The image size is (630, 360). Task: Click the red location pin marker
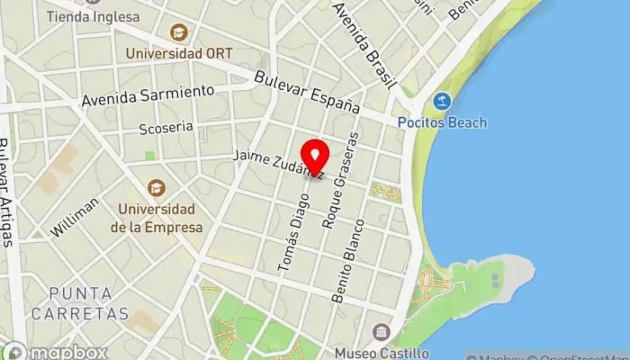(x=314, y=156)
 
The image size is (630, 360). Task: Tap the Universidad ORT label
(x=180, y=53)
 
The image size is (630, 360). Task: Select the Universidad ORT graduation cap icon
(x=180, y=33)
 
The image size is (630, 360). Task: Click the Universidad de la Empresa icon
(x=157, y=188)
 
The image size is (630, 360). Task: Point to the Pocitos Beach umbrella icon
(x=441, y=101)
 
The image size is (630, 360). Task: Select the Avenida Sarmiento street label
(x=148, y=94)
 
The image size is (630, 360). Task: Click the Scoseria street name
(x=161, y=129)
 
